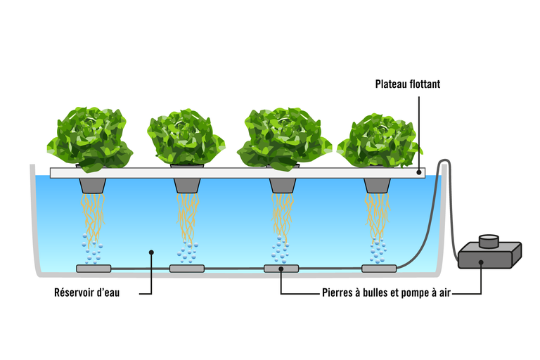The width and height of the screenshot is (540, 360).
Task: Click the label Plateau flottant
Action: [x=407, y=84]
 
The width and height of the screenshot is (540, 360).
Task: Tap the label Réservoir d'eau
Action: [x=86, y=292]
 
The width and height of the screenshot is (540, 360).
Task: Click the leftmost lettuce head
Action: [x=89, y=139]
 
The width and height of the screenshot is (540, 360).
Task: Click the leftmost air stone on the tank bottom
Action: [x=93, y=268]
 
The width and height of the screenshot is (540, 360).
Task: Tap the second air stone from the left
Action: [x=186, y=268]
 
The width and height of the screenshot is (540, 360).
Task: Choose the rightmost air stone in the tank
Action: [x=379, y=268]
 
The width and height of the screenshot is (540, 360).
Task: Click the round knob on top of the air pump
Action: [x=488, y=241]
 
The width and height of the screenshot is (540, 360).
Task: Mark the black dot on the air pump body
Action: [x=481, y=263]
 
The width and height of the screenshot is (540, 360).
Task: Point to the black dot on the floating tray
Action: [x=420, y=172]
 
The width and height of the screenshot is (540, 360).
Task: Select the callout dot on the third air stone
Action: [x=281, y=268]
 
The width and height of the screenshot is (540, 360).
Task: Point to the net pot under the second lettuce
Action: [x=186, y=185]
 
